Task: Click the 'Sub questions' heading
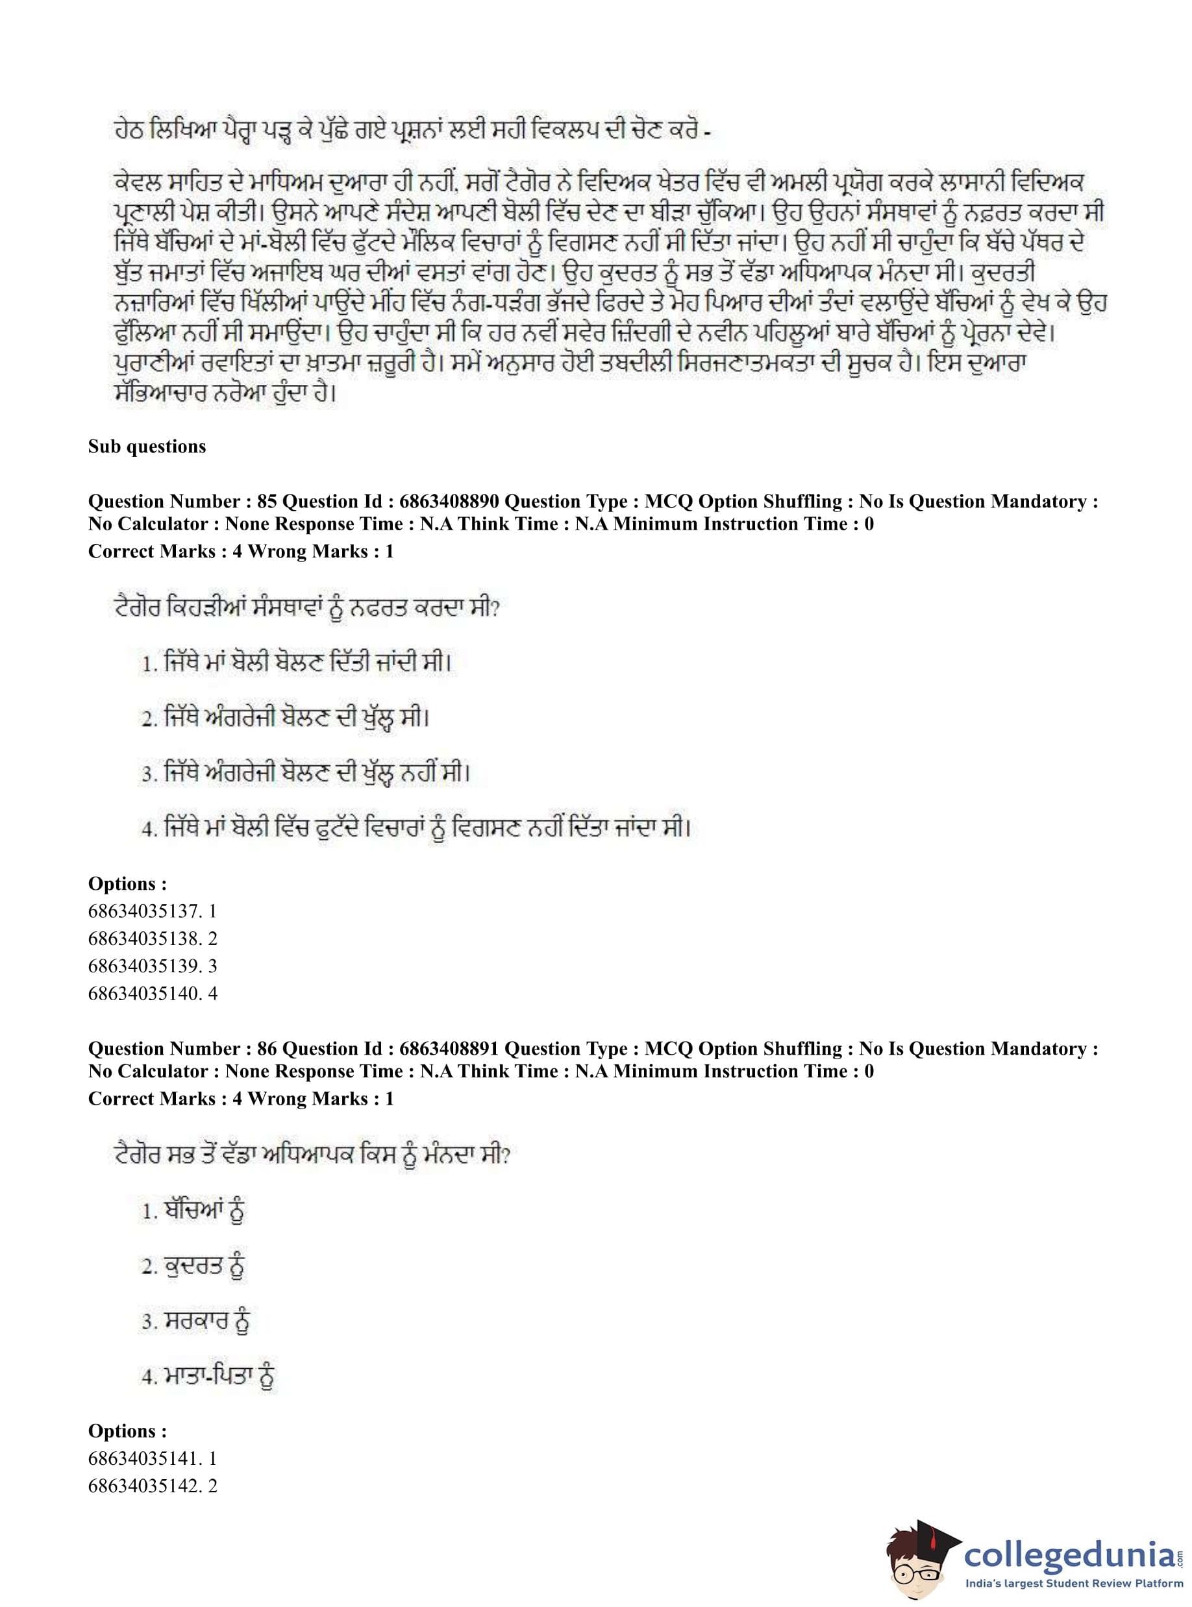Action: (x=147, y=447)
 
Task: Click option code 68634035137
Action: (x=143, y=911)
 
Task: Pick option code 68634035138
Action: (x=143, y=938)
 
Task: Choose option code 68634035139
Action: (x=143, y=966)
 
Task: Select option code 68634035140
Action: (x=143, y=993)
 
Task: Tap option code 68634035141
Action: (x=143, y=1458)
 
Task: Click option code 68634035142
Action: (x=143, y=1486)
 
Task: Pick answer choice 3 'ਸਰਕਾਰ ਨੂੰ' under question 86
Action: (x=195, y=1322)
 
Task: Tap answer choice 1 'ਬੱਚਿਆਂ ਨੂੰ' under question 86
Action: (x=193, y=1212)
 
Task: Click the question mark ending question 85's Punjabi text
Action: (x=494, y=609)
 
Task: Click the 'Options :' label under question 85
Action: (x=127, y=883)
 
